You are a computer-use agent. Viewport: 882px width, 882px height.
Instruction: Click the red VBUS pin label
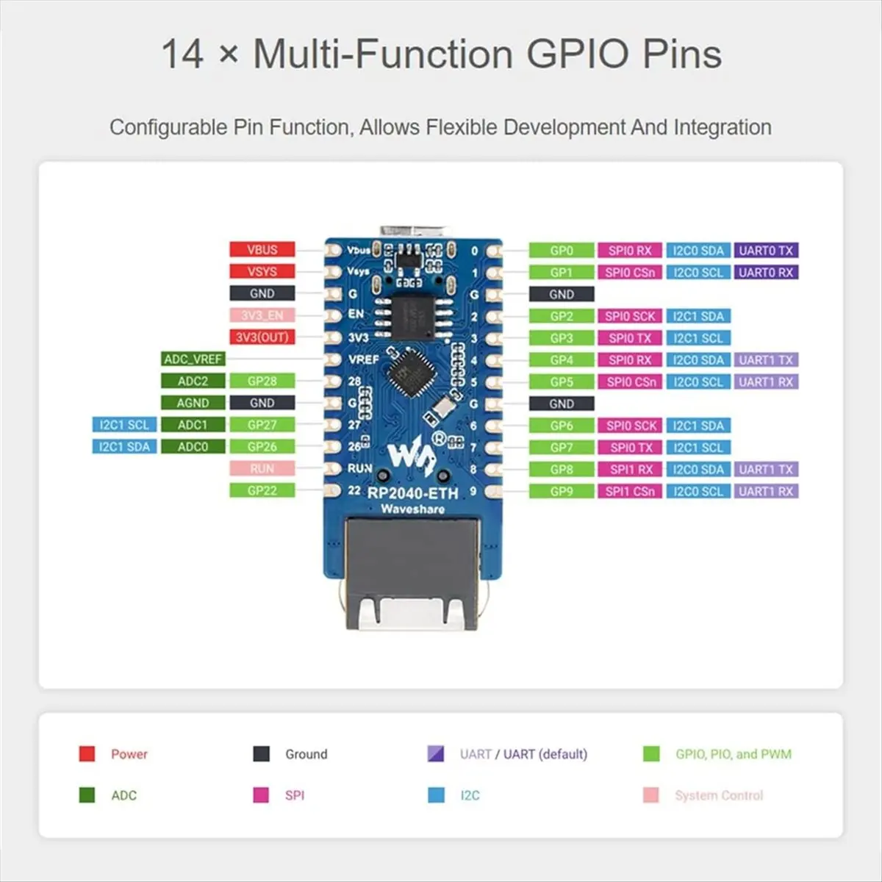tap(262, 250)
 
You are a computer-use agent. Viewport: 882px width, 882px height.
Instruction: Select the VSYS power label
tap(262, 272)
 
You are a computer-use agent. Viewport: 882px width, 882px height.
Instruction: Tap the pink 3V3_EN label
tap(262, 315)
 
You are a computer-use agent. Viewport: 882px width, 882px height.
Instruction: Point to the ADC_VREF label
tap(193, 359)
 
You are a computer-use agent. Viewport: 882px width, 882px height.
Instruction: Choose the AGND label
tap(193, 403)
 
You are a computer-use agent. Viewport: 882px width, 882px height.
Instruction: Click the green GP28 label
tap(262, 381)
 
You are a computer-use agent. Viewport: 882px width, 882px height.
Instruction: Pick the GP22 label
tap(262, 490)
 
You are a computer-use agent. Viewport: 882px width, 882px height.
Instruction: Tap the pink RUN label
tap(262, 468)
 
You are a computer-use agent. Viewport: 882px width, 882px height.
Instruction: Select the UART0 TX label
tap(766, 251)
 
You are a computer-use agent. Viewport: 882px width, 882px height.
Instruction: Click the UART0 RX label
tap(766, 273)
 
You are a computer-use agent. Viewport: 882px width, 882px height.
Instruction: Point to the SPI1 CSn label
tap(630, 491)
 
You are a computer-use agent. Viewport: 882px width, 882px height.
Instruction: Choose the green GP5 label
tap(562, 381)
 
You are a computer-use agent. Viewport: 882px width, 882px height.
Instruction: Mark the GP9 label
tap(562, 491)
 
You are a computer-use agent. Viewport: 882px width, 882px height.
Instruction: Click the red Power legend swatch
tap(87, 753)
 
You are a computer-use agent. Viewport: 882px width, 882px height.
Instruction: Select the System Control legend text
tap(719, 795)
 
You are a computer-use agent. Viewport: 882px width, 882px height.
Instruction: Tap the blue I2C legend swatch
tap(437, 795)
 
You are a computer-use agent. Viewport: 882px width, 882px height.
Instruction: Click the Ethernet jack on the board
tap(412, 570)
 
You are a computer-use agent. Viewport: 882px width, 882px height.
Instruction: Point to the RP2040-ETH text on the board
tap(413, 493)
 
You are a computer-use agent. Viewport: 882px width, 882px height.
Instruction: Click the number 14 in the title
tap(182, 54)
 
